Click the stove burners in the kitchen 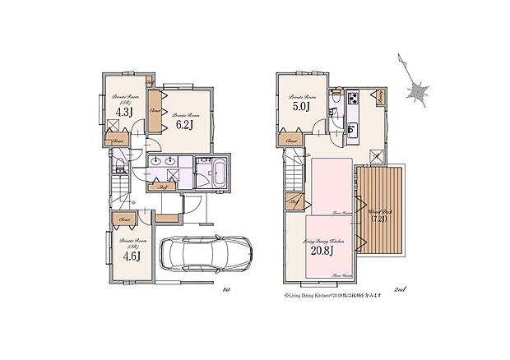(353, 100)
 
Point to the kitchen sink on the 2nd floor (353, 131)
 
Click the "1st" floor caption (225, 289)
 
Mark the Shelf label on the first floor (165, 189)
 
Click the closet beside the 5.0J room (292, 141)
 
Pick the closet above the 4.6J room (125, 219)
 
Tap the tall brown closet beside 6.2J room (155, 110)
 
